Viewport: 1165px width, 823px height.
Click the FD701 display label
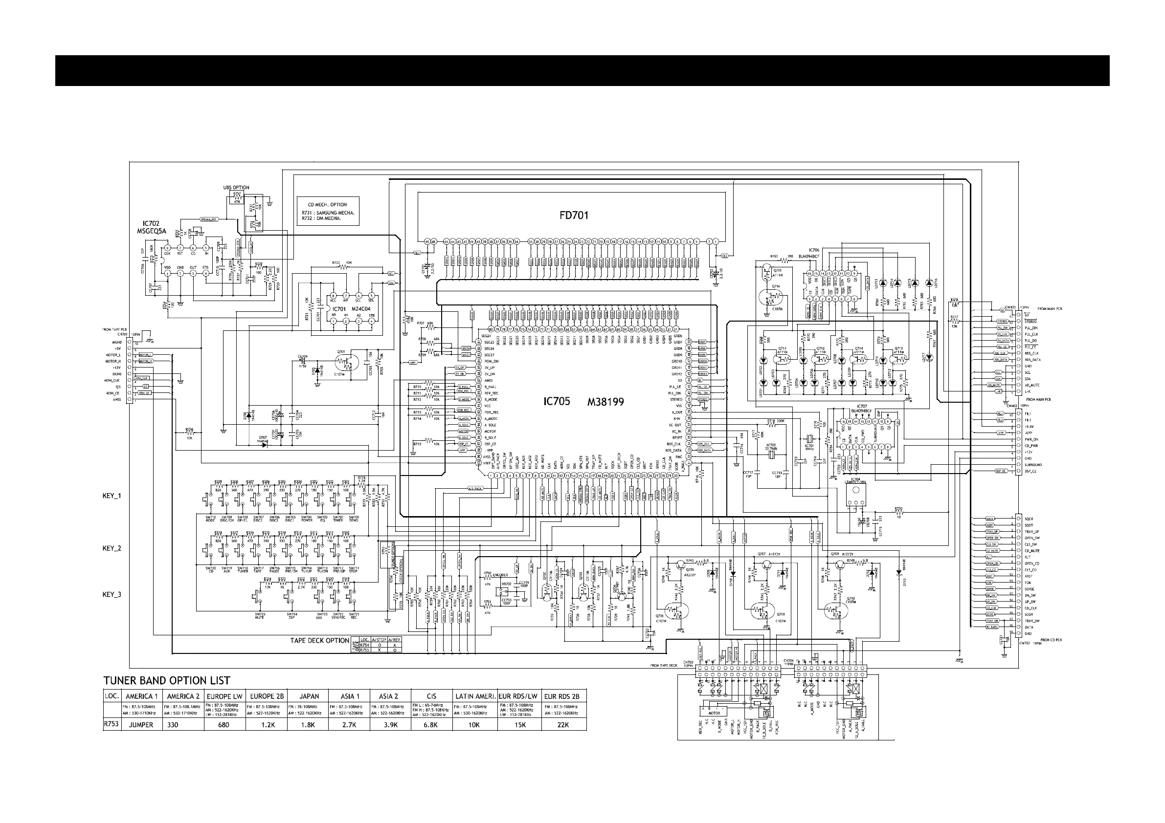(x=574, y=215)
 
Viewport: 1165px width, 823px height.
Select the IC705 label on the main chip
(x=557, y=401)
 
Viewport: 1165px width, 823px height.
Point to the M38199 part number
(x=605, y=402)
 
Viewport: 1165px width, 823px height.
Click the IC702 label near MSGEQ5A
(x=151, y=223)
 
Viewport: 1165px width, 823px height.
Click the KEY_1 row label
(x=112, y=496)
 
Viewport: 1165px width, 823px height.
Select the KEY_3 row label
(x=112, y=594)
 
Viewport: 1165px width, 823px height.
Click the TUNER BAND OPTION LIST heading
(x=167, y=680)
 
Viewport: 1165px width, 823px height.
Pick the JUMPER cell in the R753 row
(x=141, y=725)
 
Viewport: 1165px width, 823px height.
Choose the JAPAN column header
(x=309, y=696)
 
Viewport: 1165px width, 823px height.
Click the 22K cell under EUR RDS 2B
(x=564, y=725)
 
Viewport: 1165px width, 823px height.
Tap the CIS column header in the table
(x=431, y=696)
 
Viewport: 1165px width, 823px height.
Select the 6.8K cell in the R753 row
(x=431, y=725)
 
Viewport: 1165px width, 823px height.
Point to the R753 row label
(x=112, y=724)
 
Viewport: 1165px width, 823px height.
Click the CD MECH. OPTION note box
(x=328, y=212)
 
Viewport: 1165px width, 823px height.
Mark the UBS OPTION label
(x=236, y=188)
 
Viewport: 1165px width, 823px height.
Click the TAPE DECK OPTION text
(x=320, y=640)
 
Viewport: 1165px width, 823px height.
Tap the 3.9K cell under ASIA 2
(x=390, y=725)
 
